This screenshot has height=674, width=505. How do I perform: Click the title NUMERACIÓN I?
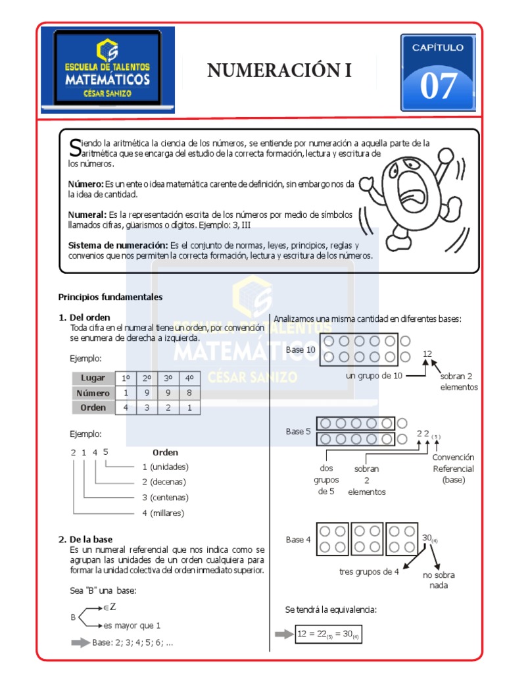(279, 70)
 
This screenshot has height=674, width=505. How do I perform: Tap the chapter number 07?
(438, 86)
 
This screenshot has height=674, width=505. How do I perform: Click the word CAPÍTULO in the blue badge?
(437, 47)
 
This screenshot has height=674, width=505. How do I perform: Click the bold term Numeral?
(87, 215)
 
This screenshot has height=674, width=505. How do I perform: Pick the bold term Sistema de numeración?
(118, 245)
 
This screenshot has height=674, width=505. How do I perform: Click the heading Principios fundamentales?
(110, 297)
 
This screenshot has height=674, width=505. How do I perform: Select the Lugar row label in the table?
(93, 378)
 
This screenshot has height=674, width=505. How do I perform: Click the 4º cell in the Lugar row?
(189, 378)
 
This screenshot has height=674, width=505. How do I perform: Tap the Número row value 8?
(189, 392)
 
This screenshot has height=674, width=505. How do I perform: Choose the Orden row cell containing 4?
(125, 407)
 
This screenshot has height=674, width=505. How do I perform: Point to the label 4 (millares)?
(163, 513)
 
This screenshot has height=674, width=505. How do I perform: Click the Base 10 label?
(301, 350)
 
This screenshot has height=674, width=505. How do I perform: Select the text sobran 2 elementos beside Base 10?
(459, 382)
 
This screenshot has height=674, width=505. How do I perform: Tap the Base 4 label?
(299, 540)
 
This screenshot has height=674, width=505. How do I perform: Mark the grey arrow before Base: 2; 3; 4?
(80, 642)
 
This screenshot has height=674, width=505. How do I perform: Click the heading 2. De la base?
(85, 539)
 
